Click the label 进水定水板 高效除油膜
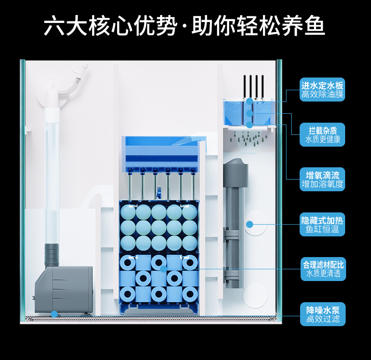(322, 90)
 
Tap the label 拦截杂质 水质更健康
(322, 134)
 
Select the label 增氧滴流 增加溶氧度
(322, 180)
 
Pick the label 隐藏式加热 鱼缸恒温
(322, 225)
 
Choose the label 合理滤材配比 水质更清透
(323, 269)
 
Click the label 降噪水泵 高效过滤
(323, 314)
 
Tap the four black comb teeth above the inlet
(253, 86)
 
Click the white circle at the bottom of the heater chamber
(255, 295)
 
